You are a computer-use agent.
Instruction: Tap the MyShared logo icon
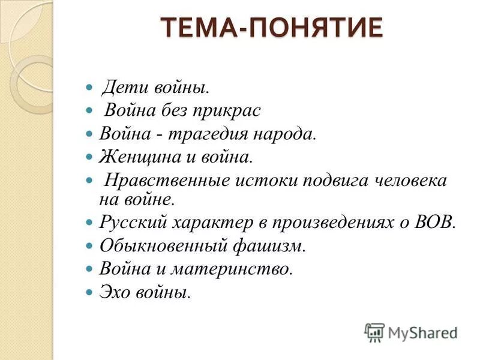374,332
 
